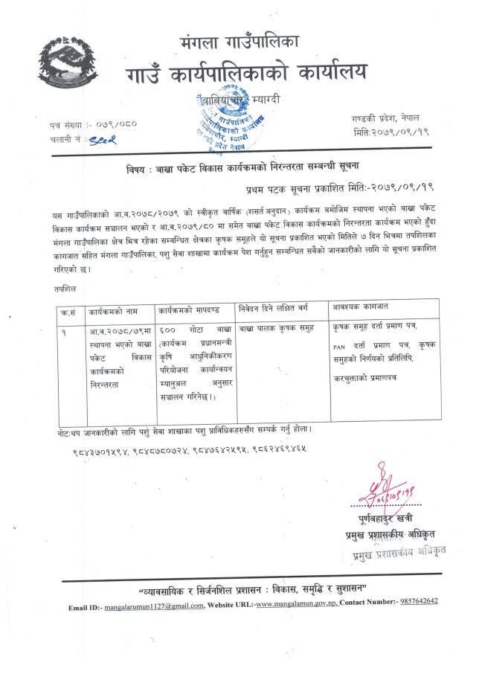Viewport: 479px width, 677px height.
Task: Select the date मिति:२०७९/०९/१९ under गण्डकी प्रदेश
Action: pos(392,132)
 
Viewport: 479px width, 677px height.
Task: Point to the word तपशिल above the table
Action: pos(64,286)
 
